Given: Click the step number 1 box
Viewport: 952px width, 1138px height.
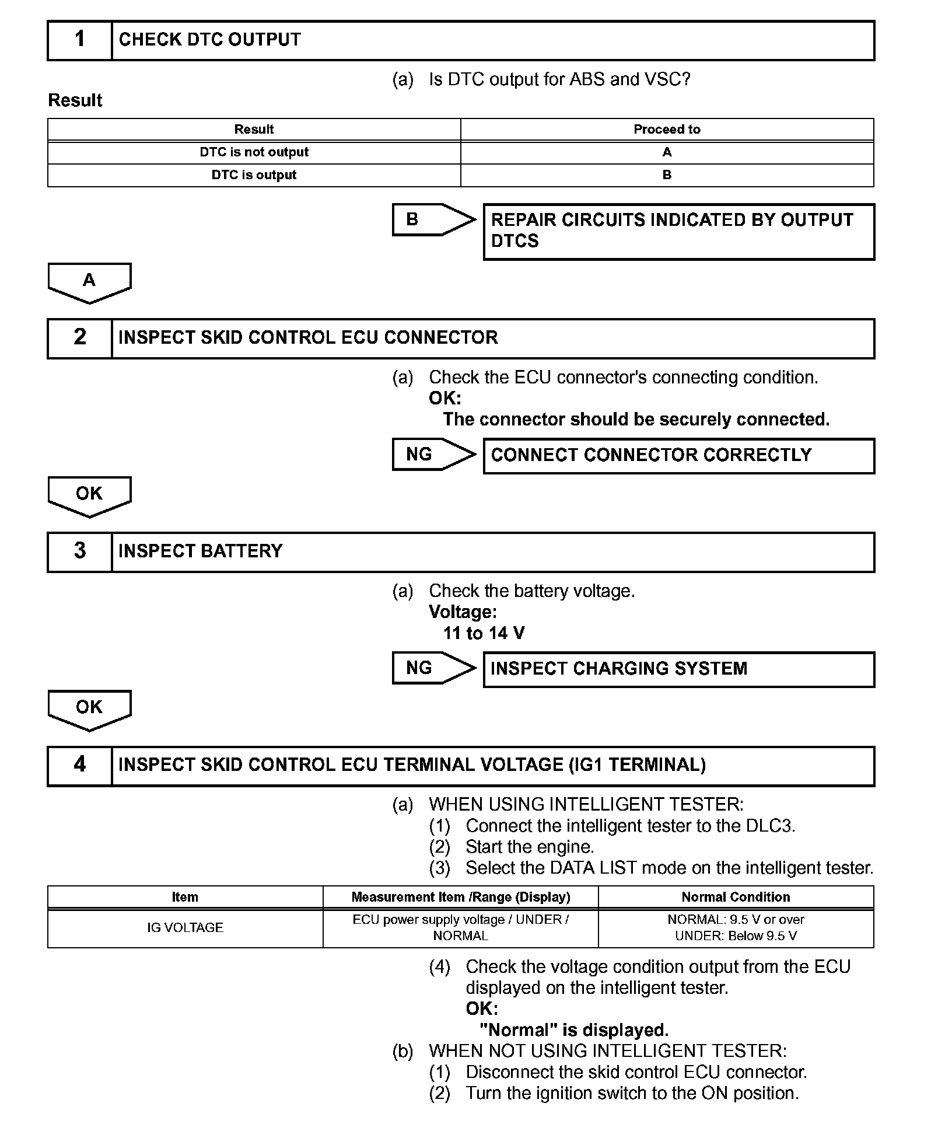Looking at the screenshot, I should [80, 40].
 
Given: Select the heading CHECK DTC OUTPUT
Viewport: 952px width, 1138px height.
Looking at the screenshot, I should [210, 40].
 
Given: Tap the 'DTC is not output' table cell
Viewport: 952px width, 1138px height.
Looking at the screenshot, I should [254, 152].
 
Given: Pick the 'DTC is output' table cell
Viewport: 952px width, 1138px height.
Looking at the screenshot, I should [254, 175].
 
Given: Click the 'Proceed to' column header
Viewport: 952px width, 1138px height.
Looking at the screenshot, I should [667, 130].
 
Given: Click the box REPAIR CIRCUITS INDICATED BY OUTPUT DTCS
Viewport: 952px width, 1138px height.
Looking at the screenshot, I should [678, 231].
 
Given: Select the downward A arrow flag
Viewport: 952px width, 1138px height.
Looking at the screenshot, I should [89, 282].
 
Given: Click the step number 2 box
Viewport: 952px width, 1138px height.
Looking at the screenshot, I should [80, 338].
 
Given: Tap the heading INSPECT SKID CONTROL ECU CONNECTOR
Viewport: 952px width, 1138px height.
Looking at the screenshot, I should [308, 338].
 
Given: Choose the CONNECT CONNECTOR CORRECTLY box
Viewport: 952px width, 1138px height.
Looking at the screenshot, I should [678, 455].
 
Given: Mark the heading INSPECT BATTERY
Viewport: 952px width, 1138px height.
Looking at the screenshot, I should [200, 551].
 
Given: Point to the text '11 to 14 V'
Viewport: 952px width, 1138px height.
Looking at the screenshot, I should [484, 633].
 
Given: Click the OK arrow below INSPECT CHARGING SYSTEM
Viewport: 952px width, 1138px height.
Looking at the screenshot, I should [89, 709].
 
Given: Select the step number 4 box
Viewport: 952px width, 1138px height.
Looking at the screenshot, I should [80, 765].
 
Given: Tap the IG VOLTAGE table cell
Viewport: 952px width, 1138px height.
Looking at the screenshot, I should [185, 928].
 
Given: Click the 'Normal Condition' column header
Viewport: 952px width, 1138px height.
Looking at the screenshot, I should [736, 897].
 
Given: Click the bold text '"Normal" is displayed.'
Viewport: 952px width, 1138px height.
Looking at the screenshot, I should [574, 1030].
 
